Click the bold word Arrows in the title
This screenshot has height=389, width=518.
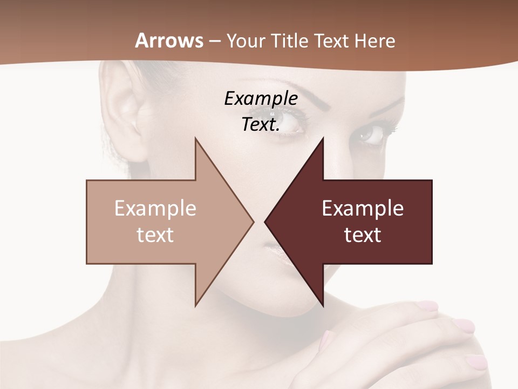coord(169,41)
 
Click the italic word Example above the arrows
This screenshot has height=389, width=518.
coord(261,99)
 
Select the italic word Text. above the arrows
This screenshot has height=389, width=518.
coord(261,125)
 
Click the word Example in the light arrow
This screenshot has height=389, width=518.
coord(155,209)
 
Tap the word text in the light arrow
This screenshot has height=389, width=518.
coord(155,235)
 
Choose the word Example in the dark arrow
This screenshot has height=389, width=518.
coord(363,209)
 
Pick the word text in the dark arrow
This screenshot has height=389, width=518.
coord(363,235)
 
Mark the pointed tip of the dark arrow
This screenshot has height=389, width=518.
coord(265,222)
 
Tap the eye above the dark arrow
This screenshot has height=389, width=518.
coord(371,134)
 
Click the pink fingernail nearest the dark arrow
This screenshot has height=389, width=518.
coord(427,306)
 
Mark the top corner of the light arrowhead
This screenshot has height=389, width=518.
coord(196,139)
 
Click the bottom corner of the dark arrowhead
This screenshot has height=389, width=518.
coord(323,306)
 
